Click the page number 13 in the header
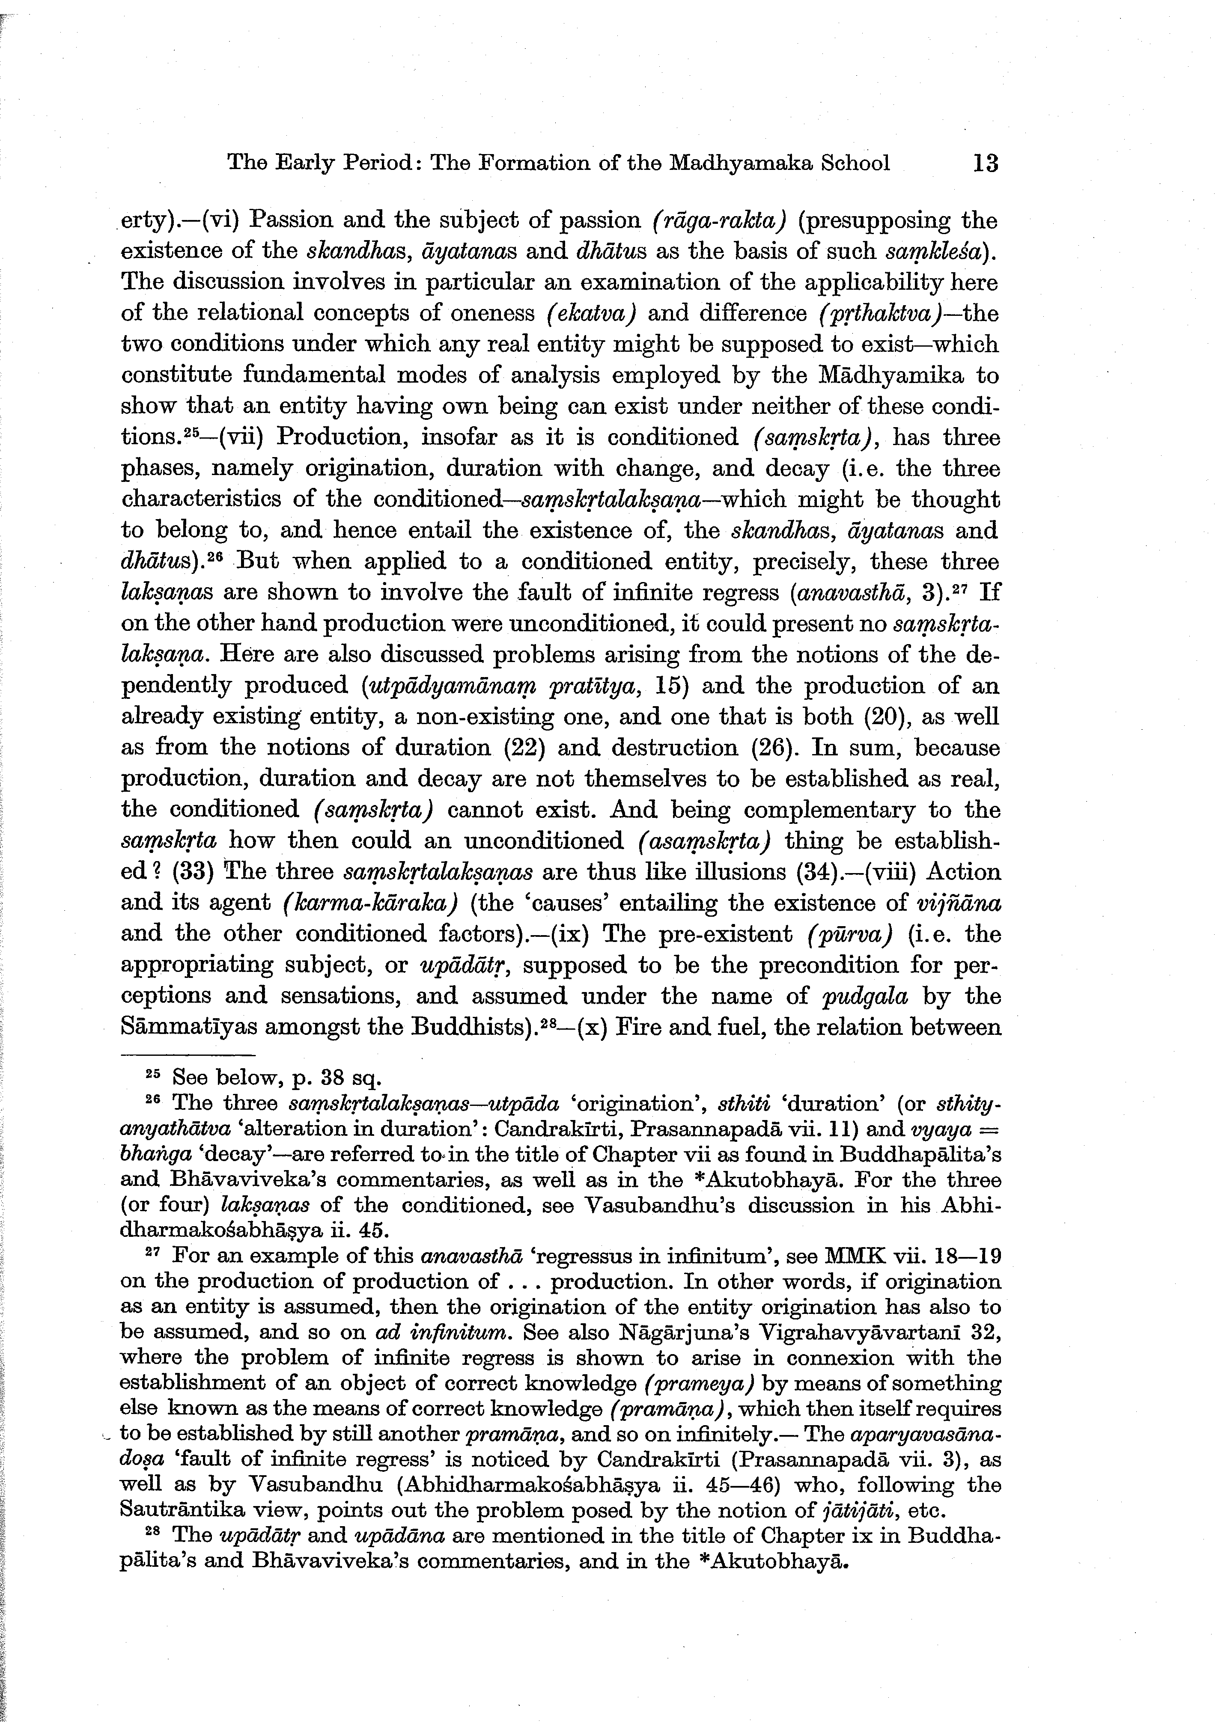pyautogui.click(x=986, y=163)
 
